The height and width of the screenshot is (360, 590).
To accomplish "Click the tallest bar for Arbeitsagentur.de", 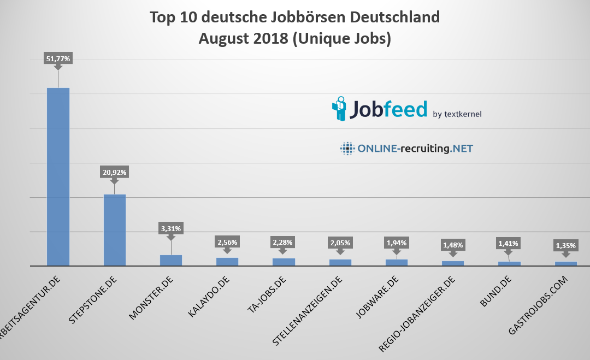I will point(58,176).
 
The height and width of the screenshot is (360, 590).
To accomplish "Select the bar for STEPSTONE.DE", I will point(114,230).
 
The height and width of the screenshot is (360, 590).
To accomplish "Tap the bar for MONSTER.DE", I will point(170,260).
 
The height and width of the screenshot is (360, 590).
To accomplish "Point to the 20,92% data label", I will point(114,172).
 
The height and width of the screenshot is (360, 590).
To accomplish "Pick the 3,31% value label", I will point(170,228).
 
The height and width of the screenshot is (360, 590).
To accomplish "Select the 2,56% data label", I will point(227,242).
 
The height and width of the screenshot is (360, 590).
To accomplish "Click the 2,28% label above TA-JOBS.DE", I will point(284,242).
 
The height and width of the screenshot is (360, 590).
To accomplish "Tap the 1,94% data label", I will point(397,243).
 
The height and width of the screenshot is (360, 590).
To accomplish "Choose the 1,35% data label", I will point(566,245).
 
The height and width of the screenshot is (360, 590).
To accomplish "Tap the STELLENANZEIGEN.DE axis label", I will point(309,312).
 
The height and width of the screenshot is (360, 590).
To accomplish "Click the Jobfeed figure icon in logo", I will point(339,108).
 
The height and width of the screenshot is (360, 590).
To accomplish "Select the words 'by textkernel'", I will point(457,114).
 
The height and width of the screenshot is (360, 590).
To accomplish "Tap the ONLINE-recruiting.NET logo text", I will point(415,148).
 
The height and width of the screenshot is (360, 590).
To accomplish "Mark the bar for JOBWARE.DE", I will point(397,262).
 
